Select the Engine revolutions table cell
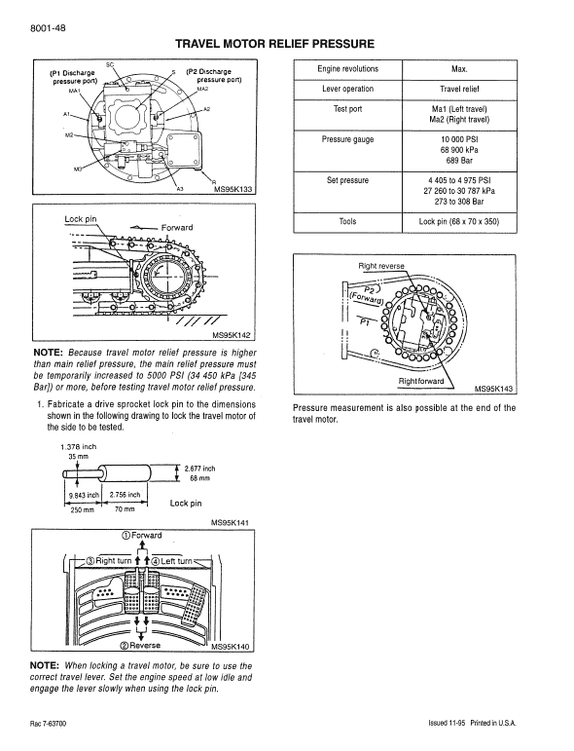347,69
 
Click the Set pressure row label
347,180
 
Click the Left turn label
176,560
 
